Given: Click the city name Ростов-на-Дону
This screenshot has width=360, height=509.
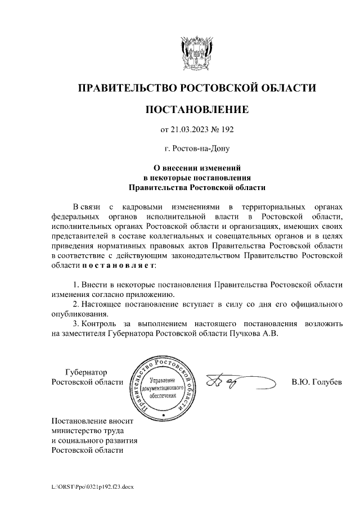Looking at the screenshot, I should [197, 149].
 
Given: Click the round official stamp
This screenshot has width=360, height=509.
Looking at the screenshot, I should [163, 388].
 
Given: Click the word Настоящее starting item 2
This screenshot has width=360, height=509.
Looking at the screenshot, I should [108, 304].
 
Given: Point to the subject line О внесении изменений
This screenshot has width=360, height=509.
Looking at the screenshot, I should [197, 168].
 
